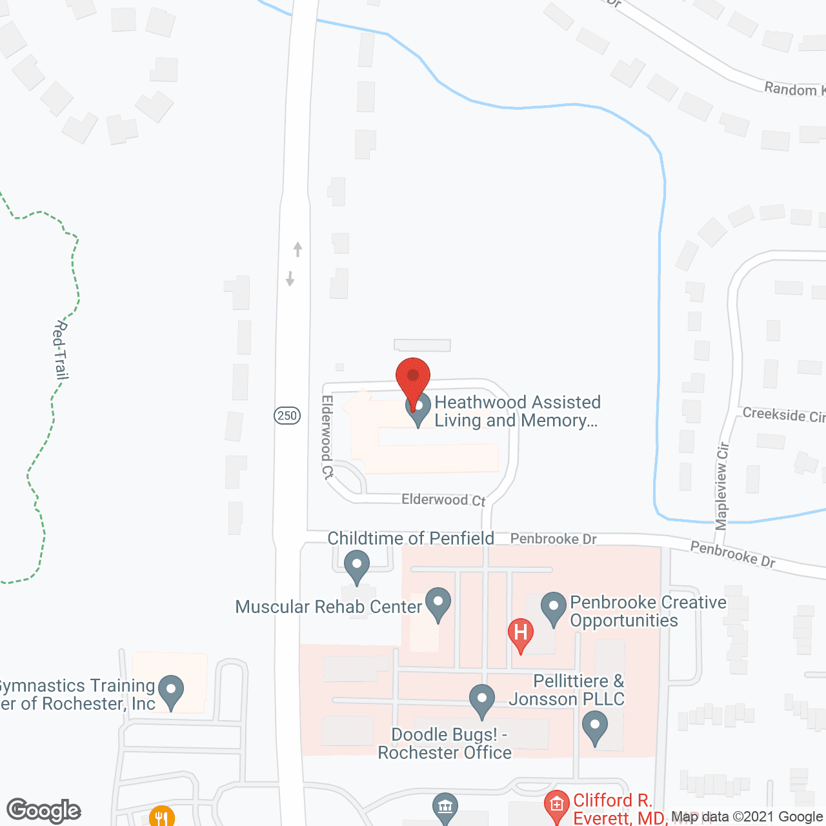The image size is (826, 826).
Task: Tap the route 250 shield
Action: [287, 416]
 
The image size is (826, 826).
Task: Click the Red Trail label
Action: [61, 350]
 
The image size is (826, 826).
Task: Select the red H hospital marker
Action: [520, 634]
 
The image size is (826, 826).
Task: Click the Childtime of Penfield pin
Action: [356, 566]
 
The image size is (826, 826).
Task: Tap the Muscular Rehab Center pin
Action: [438, 604]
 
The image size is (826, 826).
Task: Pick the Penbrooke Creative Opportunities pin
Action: [553, 609]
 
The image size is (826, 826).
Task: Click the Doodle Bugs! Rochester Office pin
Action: [481, 701]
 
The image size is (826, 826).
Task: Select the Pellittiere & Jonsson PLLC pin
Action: [594, 727]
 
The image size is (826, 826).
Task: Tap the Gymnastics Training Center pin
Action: [171, 691]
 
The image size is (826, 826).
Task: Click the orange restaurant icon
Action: [161, 817]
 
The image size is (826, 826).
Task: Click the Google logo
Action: [44, 811]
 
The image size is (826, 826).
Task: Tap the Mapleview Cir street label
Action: [722, 485]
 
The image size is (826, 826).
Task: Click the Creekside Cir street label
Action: [783, 414]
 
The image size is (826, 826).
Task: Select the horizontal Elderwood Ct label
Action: [443, 499]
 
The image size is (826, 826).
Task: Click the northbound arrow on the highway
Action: [297, 248]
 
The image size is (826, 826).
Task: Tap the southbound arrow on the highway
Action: [290, 278]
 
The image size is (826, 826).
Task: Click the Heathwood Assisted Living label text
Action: [517, 411]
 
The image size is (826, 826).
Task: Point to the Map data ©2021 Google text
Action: [747, 817]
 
